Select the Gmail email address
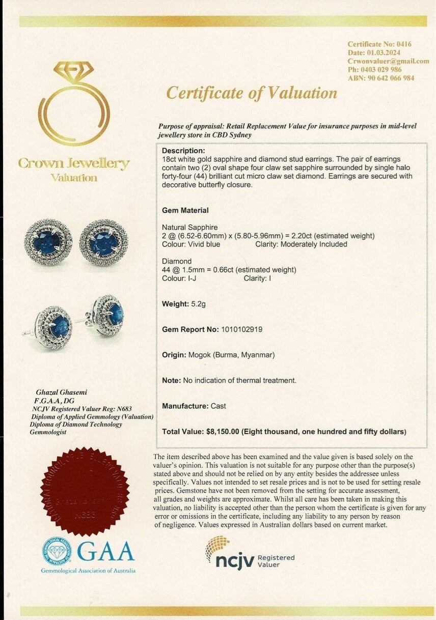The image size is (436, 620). tap(388, 61)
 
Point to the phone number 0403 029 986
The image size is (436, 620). tap(381, 70)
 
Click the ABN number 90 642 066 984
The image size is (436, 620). tap(389, 78)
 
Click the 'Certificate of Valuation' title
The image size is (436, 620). tap(252, 93)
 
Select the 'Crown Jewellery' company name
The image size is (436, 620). tap(73, 163)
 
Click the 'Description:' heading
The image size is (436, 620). tap(183, 151)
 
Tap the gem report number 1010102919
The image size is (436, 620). tap(242, 329)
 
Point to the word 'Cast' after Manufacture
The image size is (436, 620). tap(217, 406)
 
